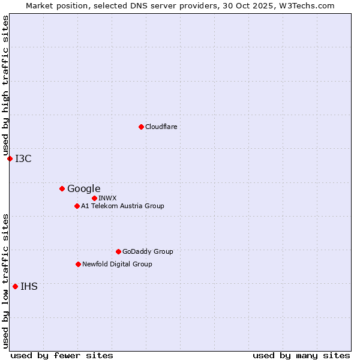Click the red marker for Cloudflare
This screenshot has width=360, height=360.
(141, 127)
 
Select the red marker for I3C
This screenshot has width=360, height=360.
(10, 158)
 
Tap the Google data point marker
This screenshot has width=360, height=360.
(62, 188)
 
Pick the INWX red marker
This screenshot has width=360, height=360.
(94, 198)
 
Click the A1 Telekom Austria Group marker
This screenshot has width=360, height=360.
(77, 206)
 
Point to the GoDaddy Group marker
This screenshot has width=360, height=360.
(118, 251)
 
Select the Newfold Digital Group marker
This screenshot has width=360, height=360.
(78, 264)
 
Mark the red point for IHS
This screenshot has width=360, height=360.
(15, 286)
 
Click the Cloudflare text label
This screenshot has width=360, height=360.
(161, 127)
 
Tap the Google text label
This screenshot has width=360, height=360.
(83, 188)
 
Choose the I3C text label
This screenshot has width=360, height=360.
(23, 158)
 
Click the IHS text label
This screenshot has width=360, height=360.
(29, 286)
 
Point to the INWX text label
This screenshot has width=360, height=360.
(107, 198)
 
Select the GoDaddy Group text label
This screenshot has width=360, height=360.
(148, 251)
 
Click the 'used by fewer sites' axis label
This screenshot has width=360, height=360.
(62, 355)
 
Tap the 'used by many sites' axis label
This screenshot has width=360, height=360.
(301, 355)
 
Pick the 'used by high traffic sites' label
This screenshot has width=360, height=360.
(6, 85)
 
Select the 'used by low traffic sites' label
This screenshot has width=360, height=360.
(6, 281)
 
